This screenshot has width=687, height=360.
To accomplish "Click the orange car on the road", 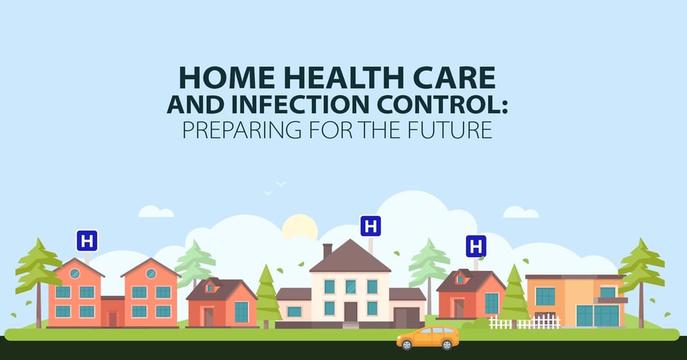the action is point(428,338).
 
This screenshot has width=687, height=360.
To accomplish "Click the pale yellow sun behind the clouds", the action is point(300,228).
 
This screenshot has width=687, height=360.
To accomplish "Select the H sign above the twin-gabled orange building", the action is point(86,241).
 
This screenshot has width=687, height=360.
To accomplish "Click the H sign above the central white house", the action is point(371,226).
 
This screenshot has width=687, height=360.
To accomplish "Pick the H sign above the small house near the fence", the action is point(476,246).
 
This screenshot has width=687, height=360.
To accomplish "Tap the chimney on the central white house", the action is point(327,251).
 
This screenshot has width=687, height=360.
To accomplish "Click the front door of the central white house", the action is point(351,312).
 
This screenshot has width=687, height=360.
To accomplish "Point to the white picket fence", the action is point(524,322).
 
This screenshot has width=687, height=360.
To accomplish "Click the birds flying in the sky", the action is point(276,187).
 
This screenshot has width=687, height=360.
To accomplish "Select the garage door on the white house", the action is point(400,317).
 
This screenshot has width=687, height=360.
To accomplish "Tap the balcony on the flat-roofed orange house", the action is point(611,300).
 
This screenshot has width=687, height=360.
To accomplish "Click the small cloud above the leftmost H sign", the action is point(156,212).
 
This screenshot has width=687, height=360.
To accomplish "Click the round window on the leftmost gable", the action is point(74,274).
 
